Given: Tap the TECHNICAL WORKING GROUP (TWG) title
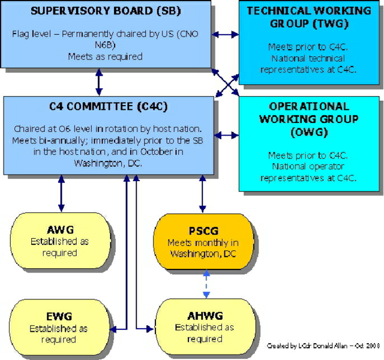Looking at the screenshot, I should pyautogui.click(x=308, y=17).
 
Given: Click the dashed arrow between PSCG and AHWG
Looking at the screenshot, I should pyautogui.click(x=205, y=284).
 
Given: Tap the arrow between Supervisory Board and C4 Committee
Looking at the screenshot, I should pyautogui.click(x=99, y=82).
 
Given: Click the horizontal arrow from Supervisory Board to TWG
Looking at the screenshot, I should pyautogui.click(x=225, y=34).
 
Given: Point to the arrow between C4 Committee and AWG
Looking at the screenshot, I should pyautogui.click(x=61, y=193).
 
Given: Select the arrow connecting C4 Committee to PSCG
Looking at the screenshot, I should pyautogui.click(x=202, y=193).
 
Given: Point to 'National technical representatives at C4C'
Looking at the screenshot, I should pyautogui.click(x=308, y=64).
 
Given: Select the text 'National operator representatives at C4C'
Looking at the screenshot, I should pyautogui.click(x=308, y=172).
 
